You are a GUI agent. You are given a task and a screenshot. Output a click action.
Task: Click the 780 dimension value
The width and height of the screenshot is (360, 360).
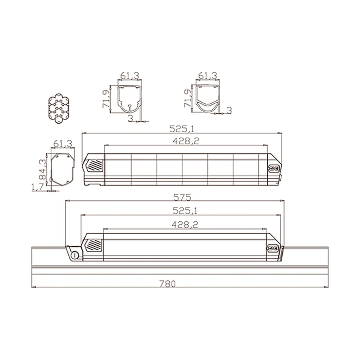(167, 284)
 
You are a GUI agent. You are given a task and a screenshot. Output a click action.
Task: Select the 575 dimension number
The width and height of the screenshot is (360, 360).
(182, 198)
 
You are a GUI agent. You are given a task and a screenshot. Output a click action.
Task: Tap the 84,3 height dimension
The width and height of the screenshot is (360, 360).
(42, 169)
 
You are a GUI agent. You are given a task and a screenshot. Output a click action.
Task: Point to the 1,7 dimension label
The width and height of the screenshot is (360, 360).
(37, 187)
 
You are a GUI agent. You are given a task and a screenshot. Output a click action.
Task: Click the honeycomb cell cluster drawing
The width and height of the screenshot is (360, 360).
(59, 108)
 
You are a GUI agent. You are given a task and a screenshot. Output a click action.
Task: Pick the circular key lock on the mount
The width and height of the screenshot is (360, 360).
(75, 255)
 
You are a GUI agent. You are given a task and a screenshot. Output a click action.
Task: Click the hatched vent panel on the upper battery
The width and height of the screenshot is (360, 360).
(94, 165)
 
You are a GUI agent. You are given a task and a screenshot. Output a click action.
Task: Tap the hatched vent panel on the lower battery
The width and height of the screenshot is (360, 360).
(94, 245)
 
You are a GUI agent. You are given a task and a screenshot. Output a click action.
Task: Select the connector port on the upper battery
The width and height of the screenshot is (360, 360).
(274, 168)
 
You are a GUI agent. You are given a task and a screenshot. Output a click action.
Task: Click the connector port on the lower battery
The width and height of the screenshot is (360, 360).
(273, 248)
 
